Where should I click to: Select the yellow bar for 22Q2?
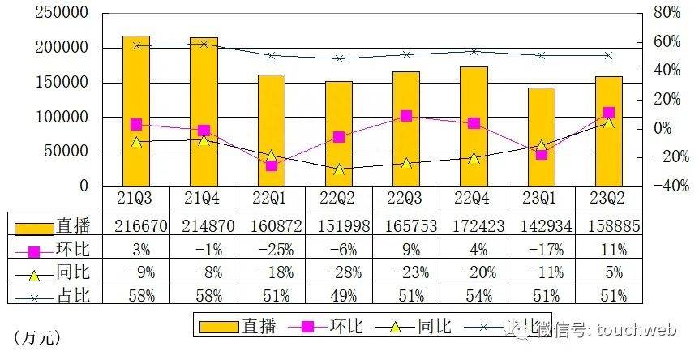[339, 134]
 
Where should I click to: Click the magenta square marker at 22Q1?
[272, 165]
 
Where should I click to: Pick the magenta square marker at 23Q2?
[609, 114]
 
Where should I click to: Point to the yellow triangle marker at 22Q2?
[339, 169]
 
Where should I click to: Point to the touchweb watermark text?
[633, 328]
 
